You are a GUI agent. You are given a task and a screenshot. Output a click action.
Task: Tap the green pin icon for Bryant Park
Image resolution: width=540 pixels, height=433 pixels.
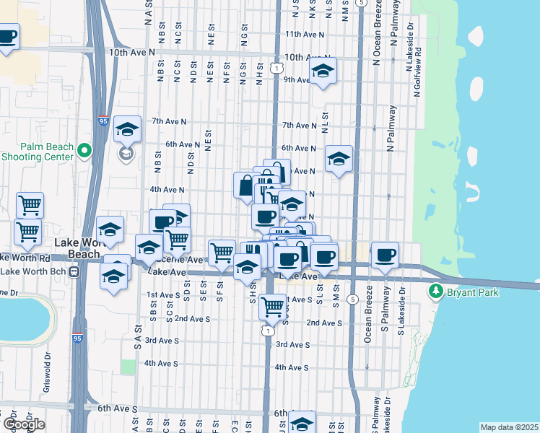click(435, 292)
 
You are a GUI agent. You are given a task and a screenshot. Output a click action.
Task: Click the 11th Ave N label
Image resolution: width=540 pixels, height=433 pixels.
click(305, 34)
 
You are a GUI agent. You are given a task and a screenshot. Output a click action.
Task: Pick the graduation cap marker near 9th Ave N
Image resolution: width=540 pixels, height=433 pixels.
click(323, 71)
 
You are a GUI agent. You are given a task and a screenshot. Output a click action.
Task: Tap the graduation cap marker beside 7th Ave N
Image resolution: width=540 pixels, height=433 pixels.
click(127, 129)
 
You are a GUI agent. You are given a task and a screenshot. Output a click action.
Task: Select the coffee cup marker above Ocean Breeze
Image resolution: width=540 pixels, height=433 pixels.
click(386, 254)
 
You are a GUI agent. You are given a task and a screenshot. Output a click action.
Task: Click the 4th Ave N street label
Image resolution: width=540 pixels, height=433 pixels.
click(167, 190)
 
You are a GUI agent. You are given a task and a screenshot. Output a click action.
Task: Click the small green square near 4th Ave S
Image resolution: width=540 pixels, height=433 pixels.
click(129, 366)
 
